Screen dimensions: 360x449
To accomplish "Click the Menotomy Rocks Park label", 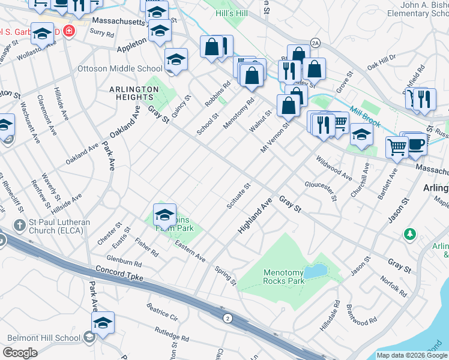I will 285,276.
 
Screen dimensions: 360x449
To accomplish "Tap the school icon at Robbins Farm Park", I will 164,214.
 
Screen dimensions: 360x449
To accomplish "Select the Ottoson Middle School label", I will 120,69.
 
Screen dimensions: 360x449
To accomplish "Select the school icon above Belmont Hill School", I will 103,323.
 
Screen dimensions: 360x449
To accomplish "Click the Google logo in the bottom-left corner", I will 20,353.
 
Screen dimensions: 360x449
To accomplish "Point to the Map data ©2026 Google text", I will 412,355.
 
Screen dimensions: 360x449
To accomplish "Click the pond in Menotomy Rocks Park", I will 314,272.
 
